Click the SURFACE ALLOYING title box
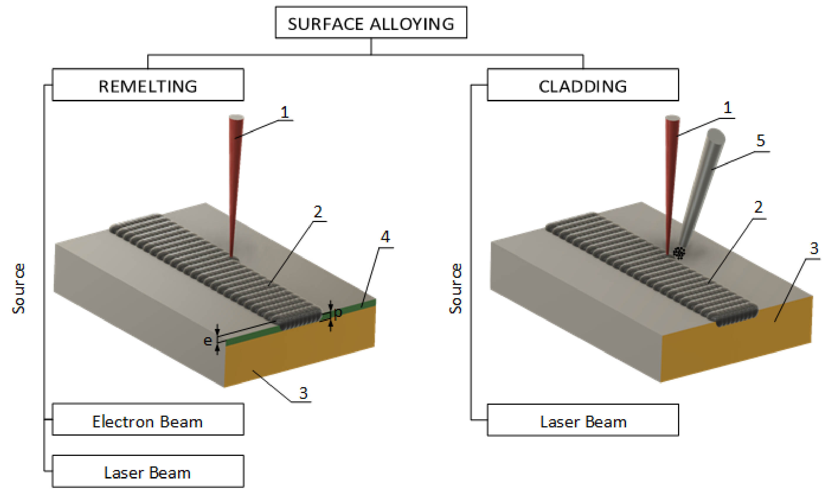(x=371, y=23)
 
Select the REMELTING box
(x=148, y=85)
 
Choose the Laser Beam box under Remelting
(x=148, y=471)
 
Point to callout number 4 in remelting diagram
(x=385, y=237)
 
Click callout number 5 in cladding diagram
(x=760, y=141)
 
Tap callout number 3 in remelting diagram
(x=303, y=393)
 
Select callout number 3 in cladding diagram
(x=814, y=248)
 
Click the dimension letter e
(x=208, y=341)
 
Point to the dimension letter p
(x=338, y=312)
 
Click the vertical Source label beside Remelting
(x=19, y=288)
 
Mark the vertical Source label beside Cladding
(x=455, y=288)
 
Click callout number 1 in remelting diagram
(x=285, y=112)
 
